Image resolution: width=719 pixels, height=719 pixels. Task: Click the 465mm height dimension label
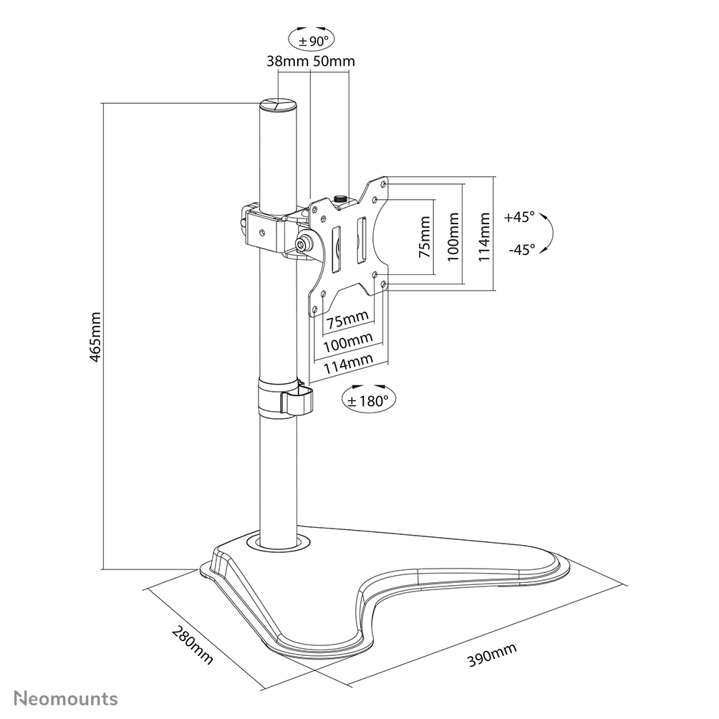(97, 337)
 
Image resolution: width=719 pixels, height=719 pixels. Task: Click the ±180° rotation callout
(367, 399)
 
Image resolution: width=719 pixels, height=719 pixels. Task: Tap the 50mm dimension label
(334, 62)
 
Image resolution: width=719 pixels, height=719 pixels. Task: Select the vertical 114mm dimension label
(486, 235)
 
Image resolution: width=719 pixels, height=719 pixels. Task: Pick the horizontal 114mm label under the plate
(349, 365)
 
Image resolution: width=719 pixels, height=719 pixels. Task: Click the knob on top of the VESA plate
(341, 197)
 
